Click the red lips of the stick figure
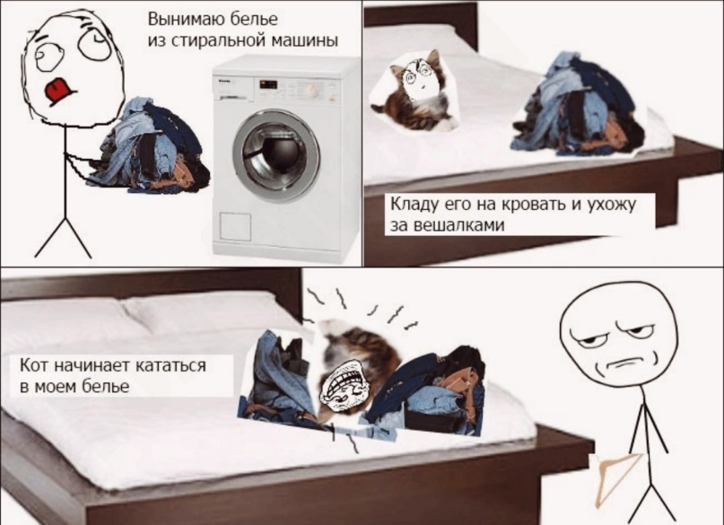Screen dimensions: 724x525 point(59,90)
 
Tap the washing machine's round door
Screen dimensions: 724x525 point(276,156)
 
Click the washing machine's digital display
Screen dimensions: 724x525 point(268,84)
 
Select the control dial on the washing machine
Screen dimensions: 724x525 point(312,90)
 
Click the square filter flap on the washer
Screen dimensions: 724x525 point(235,226)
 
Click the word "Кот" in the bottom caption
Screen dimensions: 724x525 point(35,365)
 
